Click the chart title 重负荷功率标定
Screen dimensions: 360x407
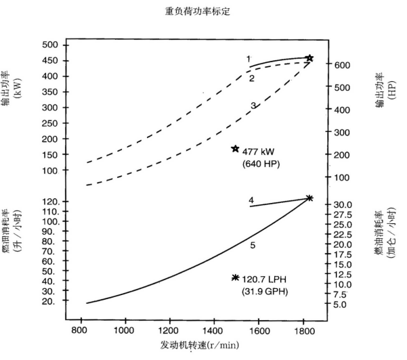(203, 12)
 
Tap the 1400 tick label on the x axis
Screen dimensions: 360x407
(213, 331)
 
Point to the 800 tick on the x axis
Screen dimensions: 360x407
(79, 331)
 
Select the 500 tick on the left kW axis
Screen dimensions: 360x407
(51, 45)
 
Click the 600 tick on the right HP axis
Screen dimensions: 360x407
(342, 65)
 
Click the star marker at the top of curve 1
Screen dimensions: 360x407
(309, 59)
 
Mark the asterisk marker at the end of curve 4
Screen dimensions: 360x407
(309, 198)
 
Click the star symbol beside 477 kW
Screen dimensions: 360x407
(235, 148)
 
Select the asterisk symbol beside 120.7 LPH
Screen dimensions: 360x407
(235, 277)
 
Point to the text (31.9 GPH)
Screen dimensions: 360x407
(264, 292)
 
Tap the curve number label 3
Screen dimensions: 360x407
(253, 106)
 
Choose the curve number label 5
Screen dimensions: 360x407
(253, 246)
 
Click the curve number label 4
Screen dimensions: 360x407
(251, 200)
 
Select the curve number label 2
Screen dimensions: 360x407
(251, 78)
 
